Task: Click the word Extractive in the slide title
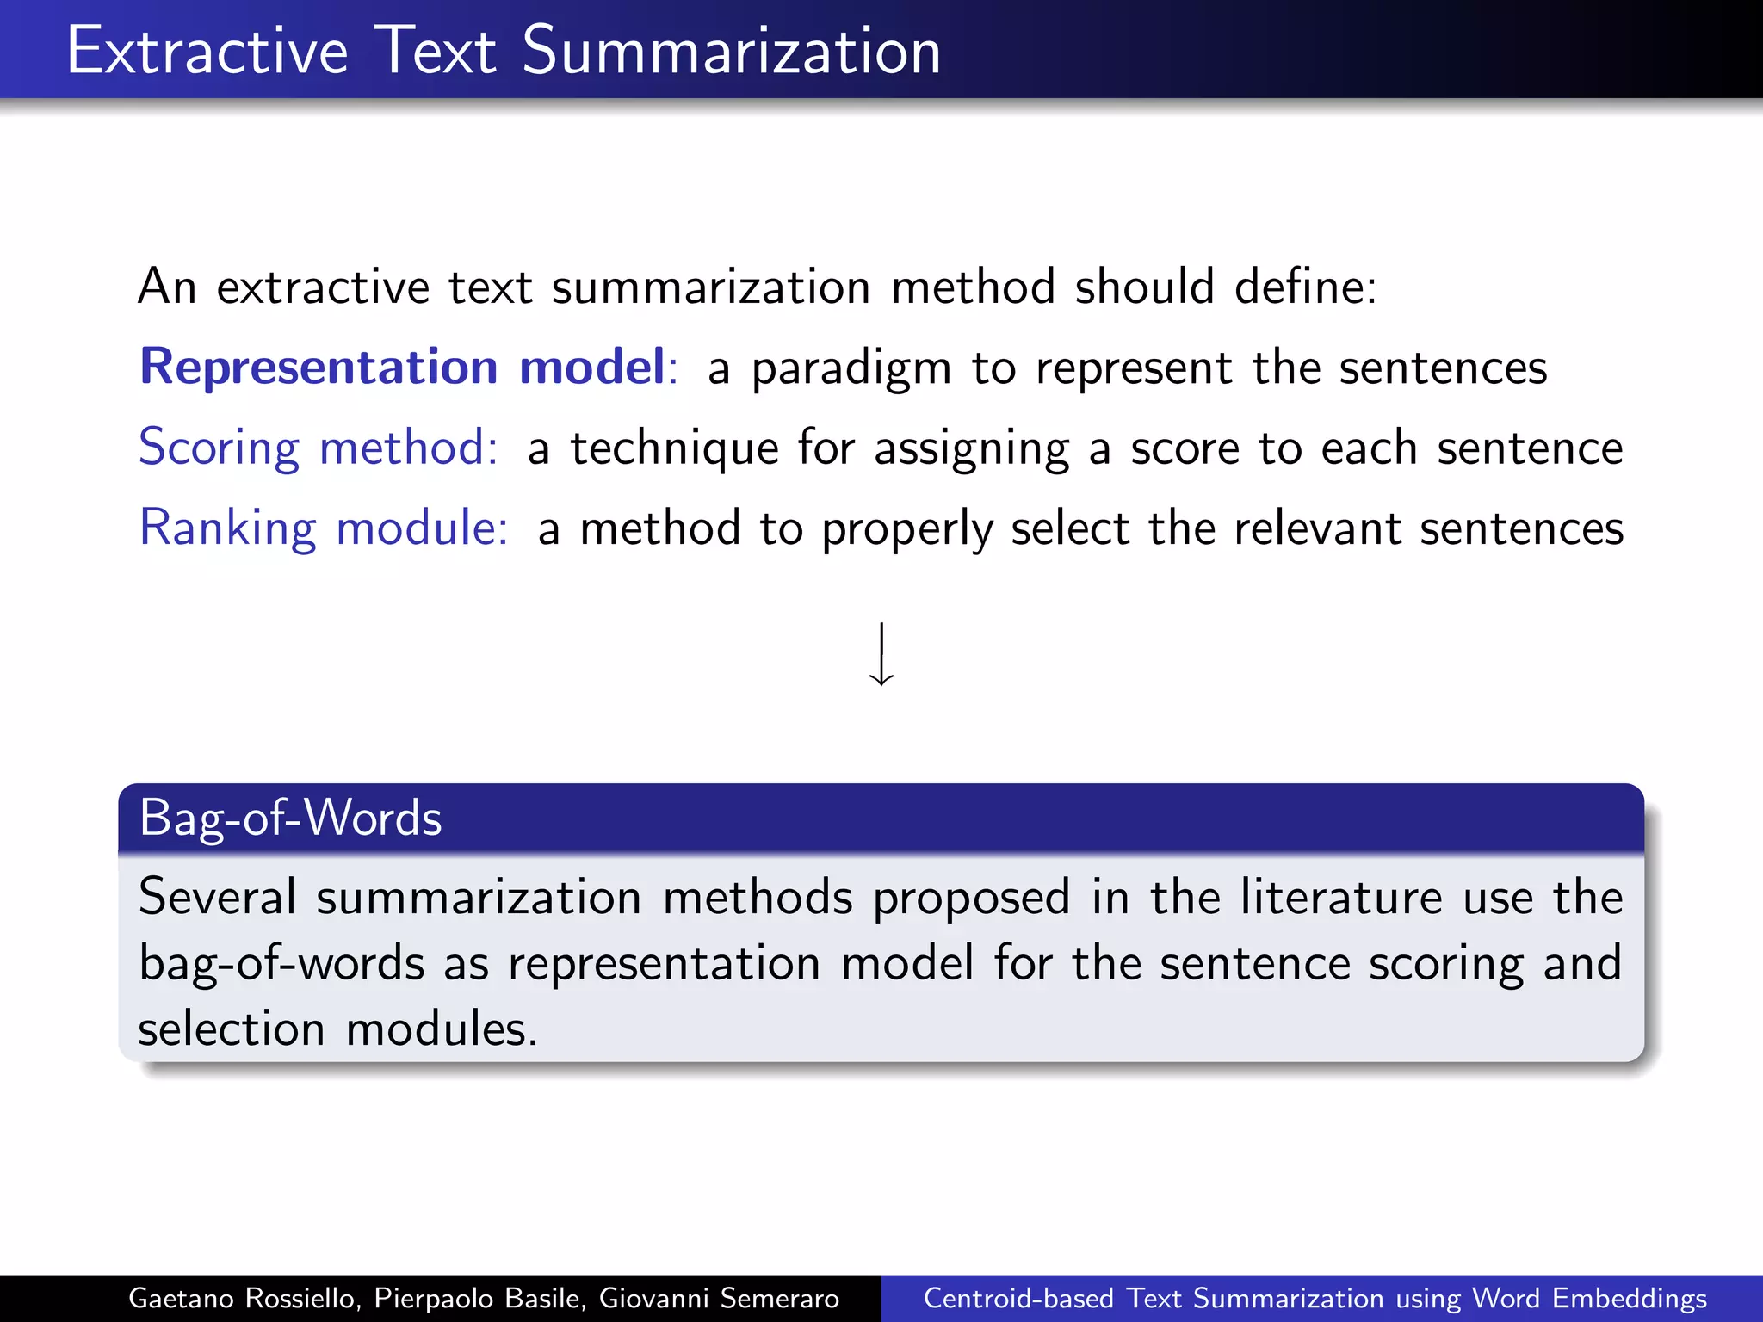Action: coord(207,51)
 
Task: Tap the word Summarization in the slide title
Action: coord(731,51)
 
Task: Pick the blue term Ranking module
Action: coord(324,528)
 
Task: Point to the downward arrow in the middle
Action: coord(881,655)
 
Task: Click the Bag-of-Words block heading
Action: coord(291,818)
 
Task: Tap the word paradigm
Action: coord(851,369)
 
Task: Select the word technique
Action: coord(674,448)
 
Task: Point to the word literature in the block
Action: coord(1340,897)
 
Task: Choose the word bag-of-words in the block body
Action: coord(281,963)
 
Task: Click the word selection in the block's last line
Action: coord(231,1029)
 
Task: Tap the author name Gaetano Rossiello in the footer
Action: coord(242,1298)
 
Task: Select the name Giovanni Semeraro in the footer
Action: coord(719,1298)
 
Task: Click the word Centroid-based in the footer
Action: coord(1018,1298)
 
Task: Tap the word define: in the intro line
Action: coord(1305,287)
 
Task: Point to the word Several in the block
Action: coord(217,897)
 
